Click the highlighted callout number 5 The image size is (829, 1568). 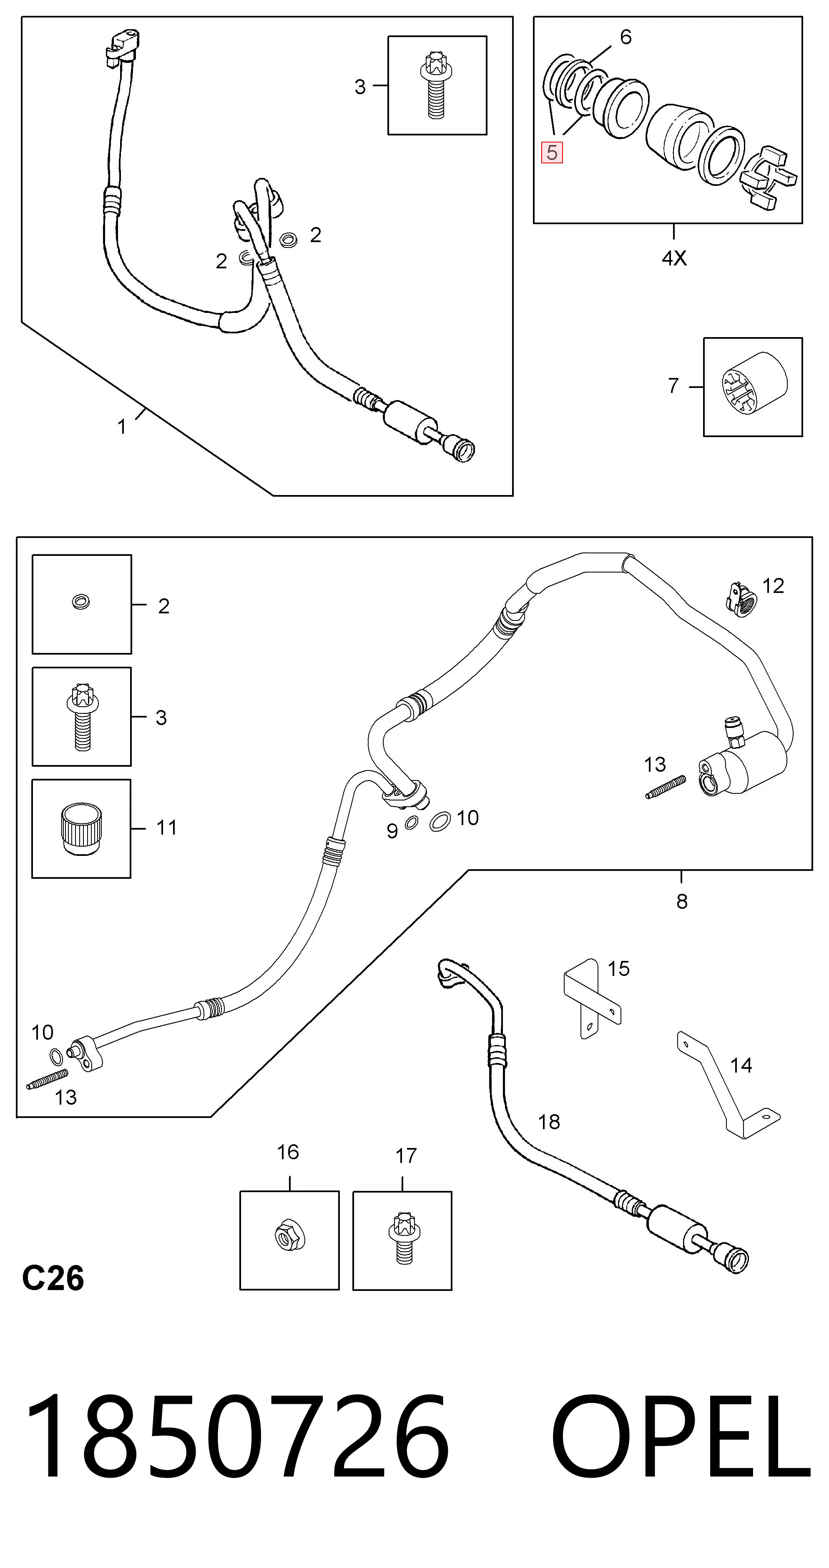point(552,152)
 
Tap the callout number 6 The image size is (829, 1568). point(626,37)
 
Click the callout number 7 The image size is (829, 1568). point(673,386)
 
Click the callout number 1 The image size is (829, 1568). point(122,427)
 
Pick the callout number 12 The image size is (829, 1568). point(773,585)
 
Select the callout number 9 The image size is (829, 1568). point(392,831)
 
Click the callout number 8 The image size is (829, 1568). point(682,901)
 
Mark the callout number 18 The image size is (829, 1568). point(549,1122)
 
